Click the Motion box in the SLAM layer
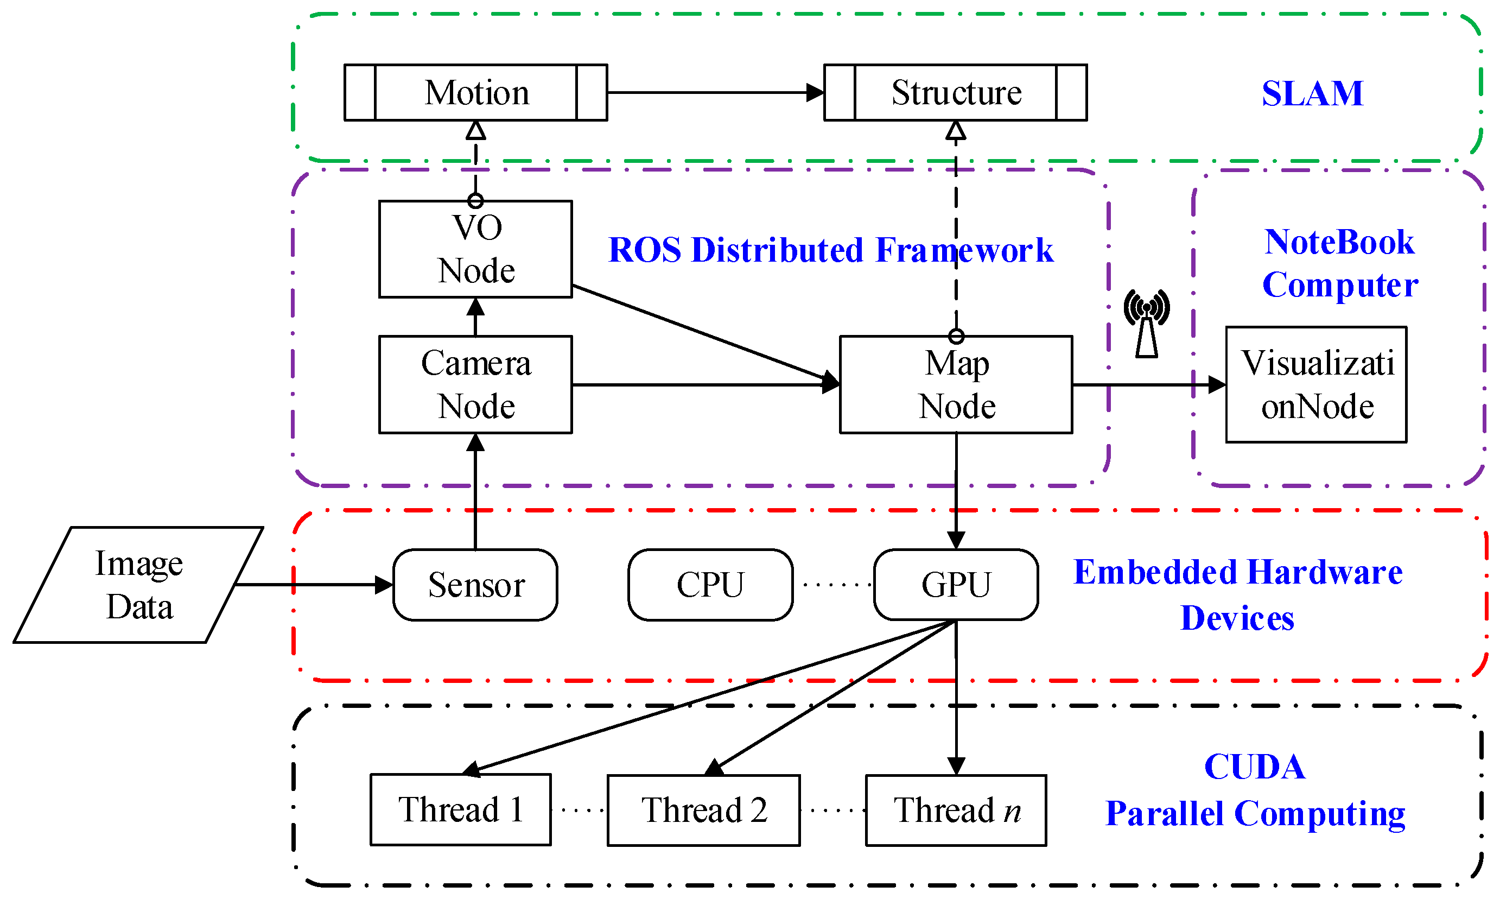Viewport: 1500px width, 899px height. tap(475, 93)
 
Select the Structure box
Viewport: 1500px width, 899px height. tap(955, 93)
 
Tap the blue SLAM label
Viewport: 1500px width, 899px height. tap(1312, 94)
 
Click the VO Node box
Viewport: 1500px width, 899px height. tap(475, 249)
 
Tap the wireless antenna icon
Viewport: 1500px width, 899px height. tap(1146, 324)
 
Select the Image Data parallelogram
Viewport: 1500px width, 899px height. tap(138, 585)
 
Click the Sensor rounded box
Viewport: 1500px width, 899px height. tap(475, 585)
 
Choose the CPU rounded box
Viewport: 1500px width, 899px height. tap(710, 585)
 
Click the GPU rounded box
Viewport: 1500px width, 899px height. tap(956, 585)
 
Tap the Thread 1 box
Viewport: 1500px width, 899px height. tap(460, 809)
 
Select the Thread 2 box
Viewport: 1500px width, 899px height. tap(703, 810)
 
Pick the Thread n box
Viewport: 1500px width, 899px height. tap(956, 810)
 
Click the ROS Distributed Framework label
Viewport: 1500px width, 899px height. tap(830, 250)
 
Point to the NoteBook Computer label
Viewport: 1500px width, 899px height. tap(1339, 263)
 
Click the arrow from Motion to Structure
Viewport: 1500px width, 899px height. tap(715, 93)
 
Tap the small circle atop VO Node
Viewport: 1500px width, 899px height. tap(475, 200)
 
